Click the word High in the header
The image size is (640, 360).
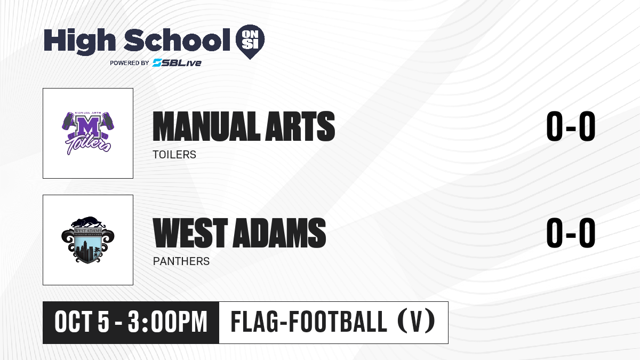tap(79, 41)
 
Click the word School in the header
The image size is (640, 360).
tap(177, 39)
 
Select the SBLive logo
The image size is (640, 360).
tap(177, 63)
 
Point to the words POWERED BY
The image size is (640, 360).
tap(130, 63)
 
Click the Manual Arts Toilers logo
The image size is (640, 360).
tap(88, 133)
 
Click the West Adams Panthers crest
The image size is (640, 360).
tap(88, 239)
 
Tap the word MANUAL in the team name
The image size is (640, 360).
tap(206, 126)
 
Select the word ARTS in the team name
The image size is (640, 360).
tap(300, 126)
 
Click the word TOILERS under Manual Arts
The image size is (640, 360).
tap(174, 155)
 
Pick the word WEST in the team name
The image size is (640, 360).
tap(190, 233)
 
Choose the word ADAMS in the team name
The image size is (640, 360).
tap(279, 233)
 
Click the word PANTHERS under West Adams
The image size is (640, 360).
tap(181, 261)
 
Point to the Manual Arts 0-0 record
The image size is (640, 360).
tap(571, 126)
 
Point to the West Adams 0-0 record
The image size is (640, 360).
tap(571, 233)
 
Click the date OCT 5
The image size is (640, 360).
tap(82, 322)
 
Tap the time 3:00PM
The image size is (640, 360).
tap(167, 322)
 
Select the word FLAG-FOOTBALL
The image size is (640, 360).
tap(309, 322)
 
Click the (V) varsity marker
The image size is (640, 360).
tap(417, 322)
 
